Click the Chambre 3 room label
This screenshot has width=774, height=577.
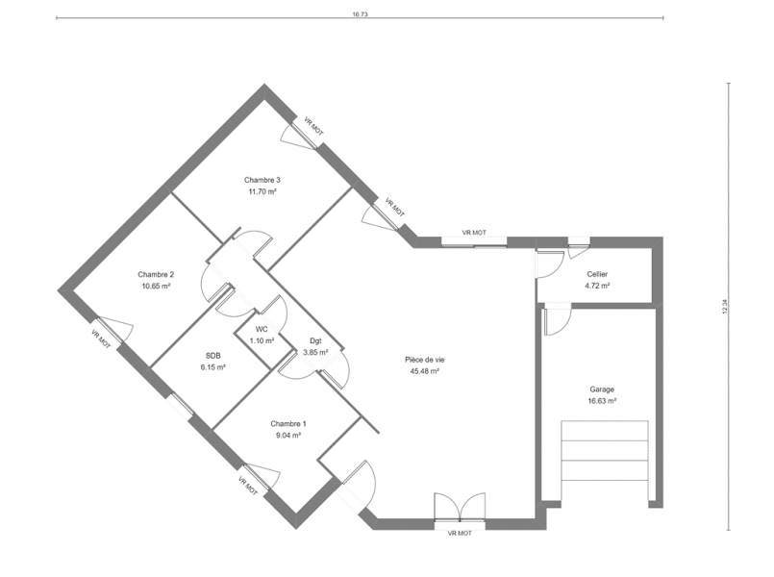coord(262,180)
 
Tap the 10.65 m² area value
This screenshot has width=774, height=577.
coord(156,287)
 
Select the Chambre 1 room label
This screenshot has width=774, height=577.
coord(288,424)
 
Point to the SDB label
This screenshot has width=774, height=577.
coord(213,356)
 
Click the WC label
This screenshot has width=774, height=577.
coord(262,329)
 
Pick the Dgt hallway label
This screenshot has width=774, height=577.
coord(315,341)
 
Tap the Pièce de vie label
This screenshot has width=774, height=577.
coord(425,360)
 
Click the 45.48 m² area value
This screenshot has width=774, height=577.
coord(425,371)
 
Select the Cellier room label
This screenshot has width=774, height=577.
coord(597,274)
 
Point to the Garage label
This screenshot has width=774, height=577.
coord(602,389)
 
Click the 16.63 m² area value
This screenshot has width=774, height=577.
coord(602,401)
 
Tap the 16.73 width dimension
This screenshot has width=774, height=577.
coord(360,14)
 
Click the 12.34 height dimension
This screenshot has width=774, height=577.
coord(725,307)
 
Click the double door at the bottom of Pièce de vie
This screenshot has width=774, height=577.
coord(460,507)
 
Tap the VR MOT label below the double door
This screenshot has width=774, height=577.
coord(460,534)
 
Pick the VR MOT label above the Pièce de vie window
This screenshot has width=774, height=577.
coord(474,233)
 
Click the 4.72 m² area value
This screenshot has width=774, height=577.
coord(597,286)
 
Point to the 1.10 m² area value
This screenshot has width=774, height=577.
coord(262,340)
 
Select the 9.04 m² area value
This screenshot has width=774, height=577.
coord(288,436)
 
